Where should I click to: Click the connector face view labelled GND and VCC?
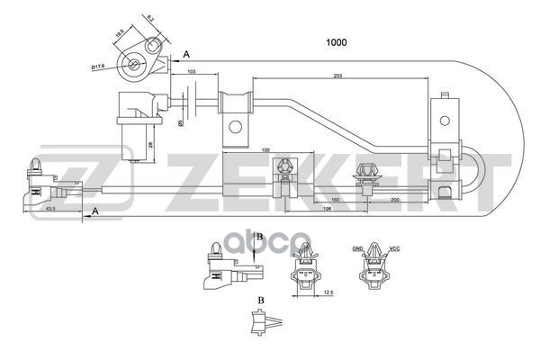coord(373,274)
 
